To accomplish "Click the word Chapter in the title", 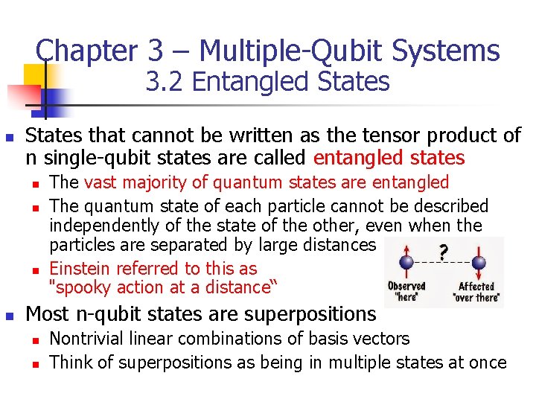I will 85,51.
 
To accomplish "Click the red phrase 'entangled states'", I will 389,158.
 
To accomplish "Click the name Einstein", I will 78,269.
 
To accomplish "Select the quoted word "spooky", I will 75,287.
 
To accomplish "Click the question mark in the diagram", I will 444,252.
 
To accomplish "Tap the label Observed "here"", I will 406,292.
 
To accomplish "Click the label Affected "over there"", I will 476,292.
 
